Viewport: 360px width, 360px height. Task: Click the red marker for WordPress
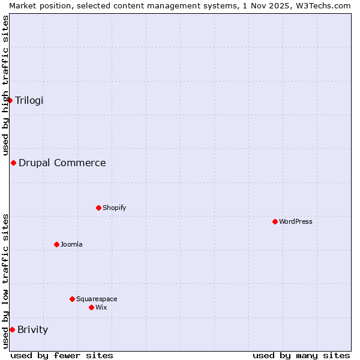(275, 221)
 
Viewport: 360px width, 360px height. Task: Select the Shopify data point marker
(99, 208)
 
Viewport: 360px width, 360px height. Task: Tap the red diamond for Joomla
(57, 244)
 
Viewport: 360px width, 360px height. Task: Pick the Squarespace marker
(73, 299)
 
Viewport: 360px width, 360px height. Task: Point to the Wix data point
(92, 307)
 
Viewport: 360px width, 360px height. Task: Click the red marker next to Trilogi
(10, 100)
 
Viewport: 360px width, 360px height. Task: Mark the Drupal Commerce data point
(14, 163)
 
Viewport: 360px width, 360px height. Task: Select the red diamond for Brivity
(13, 329)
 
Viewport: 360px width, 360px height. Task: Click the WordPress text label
(295, 221)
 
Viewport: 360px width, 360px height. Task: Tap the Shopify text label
(114, 208)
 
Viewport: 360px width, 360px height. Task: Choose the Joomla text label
(71, 244)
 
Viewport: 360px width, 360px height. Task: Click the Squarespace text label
(97, 299)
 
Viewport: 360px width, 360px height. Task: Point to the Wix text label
(101, 307)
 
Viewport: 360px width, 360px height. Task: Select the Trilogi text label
(29, 100)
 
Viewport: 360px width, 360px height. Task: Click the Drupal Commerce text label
(62, 163)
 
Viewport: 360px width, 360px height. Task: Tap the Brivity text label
(33, 329)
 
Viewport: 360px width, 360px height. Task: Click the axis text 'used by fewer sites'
(62, 355)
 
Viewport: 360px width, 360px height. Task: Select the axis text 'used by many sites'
(301, 355)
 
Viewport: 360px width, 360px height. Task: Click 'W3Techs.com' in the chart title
(323, 5)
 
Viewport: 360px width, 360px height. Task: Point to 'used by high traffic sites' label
(5, 85)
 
